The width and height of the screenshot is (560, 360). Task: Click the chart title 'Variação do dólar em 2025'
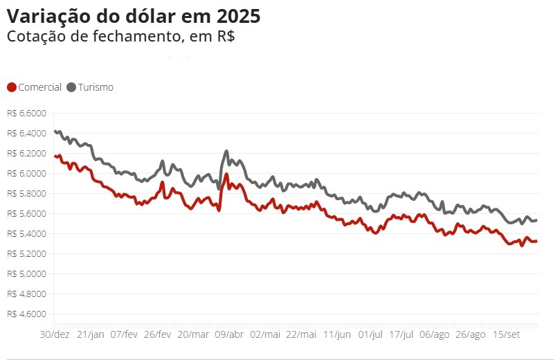(x=134, y=16)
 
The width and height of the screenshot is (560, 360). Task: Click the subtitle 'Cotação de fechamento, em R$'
(x=120, y=37)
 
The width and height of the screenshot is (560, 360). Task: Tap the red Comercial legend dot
(x=12, y=87)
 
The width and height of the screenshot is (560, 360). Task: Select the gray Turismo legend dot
(x=72, y=87)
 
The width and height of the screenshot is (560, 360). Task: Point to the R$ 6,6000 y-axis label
(x=27, y=114)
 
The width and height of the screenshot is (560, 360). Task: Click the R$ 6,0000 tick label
(x=27, y=174)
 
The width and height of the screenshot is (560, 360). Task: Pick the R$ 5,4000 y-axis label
(x=27, y=233)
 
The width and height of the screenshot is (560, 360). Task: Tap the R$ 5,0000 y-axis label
(x=27, y=274)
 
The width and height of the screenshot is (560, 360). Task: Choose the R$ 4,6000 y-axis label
(x=27, y=314)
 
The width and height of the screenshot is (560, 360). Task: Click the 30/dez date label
(x=55, y=334)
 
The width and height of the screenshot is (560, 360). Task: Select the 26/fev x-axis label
(x=158, y=334)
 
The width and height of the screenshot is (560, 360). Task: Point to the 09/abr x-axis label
(x=230, y=334)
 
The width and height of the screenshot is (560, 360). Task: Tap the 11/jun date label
(x=337, y=334)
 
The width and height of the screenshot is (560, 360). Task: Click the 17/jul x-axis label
(x=401, y=334)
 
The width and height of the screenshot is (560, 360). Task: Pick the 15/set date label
(x=507, y=334)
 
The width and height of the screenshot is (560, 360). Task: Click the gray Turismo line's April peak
(x=226, y=151)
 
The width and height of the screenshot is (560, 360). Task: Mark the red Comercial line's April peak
(x=226, y=174)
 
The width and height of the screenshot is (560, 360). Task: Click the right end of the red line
(x=536, y=242)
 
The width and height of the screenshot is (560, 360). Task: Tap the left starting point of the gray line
(x=55, y=131)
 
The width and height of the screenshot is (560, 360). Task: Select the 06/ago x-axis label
(x=434, y=334)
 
